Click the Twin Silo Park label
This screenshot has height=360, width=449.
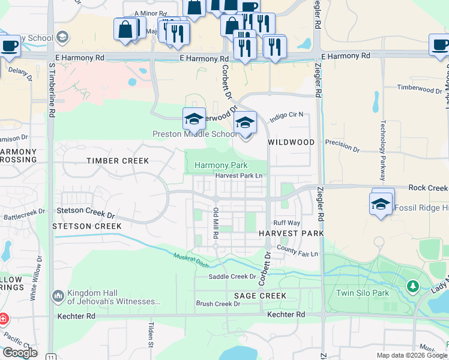pos(363,293)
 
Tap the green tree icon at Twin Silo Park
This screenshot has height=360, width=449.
pos(412,286)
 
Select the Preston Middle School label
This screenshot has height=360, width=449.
pos(187,134)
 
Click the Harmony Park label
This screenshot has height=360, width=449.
pos(221,165)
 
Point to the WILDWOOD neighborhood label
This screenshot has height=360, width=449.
pos(291,142)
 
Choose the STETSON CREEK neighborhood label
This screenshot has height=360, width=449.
pos(87,226)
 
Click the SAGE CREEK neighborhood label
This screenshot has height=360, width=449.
pos(260,296)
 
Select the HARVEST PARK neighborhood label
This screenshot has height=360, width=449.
pos(291,233)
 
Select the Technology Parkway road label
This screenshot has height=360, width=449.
pos(381,150)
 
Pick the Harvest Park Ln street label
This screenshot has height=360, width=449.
pos(239,176)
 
